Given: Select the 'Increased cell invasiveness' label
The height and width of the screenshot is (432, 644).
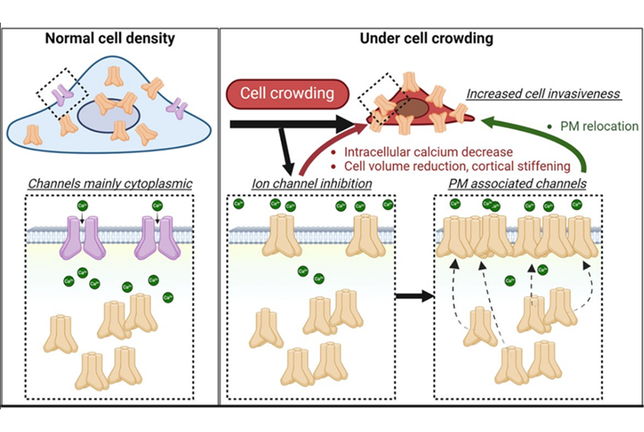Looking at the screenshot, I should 543,93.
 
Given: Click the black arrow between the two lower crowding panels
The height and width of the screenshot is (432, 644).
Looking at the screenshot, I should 413,296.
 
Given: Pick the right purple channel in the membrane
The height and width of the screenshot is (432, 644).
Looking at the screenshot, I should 158,238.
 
